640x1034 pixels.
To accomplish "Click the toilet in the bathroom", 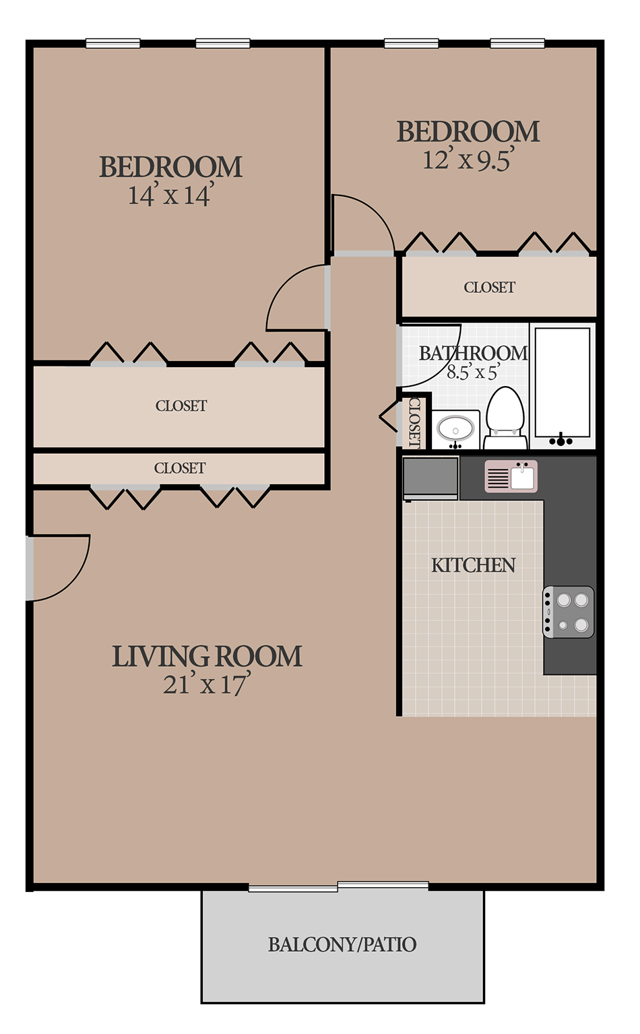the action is coord(506,418).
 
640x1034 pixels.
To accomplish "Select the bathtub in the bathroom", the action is coord(563,386).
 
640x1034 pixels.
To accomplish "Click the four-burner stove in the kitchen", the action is coord(568,612).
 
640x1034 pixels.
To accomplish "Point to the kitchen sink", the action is coord(511,476).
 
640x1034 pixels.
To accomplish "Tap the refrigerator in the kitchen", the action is coord(430,478).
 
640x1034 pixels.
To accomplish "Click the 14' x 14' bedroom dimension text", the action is coord(171,194).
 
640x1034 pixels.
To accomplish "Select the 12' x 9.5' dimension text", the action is coord(469,160).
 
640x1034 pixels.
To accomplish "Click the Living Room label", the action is coord(207,656).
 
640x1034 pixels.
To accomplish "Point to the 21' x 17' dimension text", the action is coord(207,683).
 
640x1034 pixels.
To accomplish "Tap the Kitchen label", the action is coord(474,565).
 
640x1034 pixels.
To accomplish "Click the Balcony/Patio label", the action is coord(342,944).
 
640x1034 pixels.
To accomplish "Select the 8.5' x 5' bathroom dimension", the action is coord(474,372).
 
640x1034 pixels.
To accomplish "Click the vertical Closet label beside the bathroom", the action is coord(414,422).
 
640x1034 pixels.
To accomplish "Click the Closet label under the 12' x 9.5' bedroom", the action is coord(490,287).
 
